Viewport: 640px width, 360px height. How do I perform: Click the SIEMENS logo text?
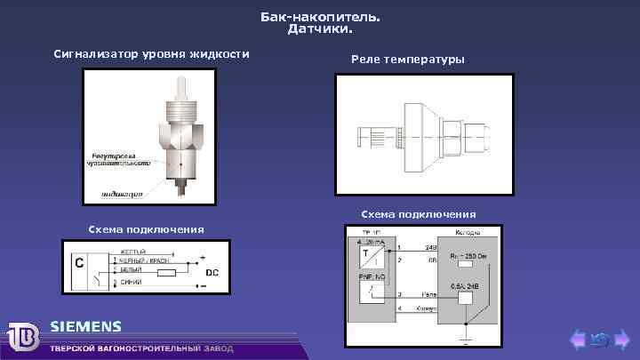point(85,325)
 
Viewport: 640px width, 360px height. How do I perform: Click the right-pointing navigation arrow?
point(621,339)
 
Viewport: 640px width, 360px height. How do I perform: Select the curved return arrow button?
point(600,339)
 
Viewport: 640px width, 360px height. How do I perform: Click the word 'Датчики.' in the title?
point(320,29)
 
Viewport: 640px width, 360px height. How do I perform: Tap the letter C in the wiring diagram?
point(79,263)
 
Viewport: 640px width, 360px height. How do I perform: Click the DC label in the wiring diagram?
point(213,271)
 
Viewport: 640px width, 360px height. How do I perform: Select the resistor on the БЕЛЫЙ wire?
point(166,275)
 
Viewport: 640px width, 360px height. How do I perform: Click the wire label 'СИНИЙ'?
point(131,282)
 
